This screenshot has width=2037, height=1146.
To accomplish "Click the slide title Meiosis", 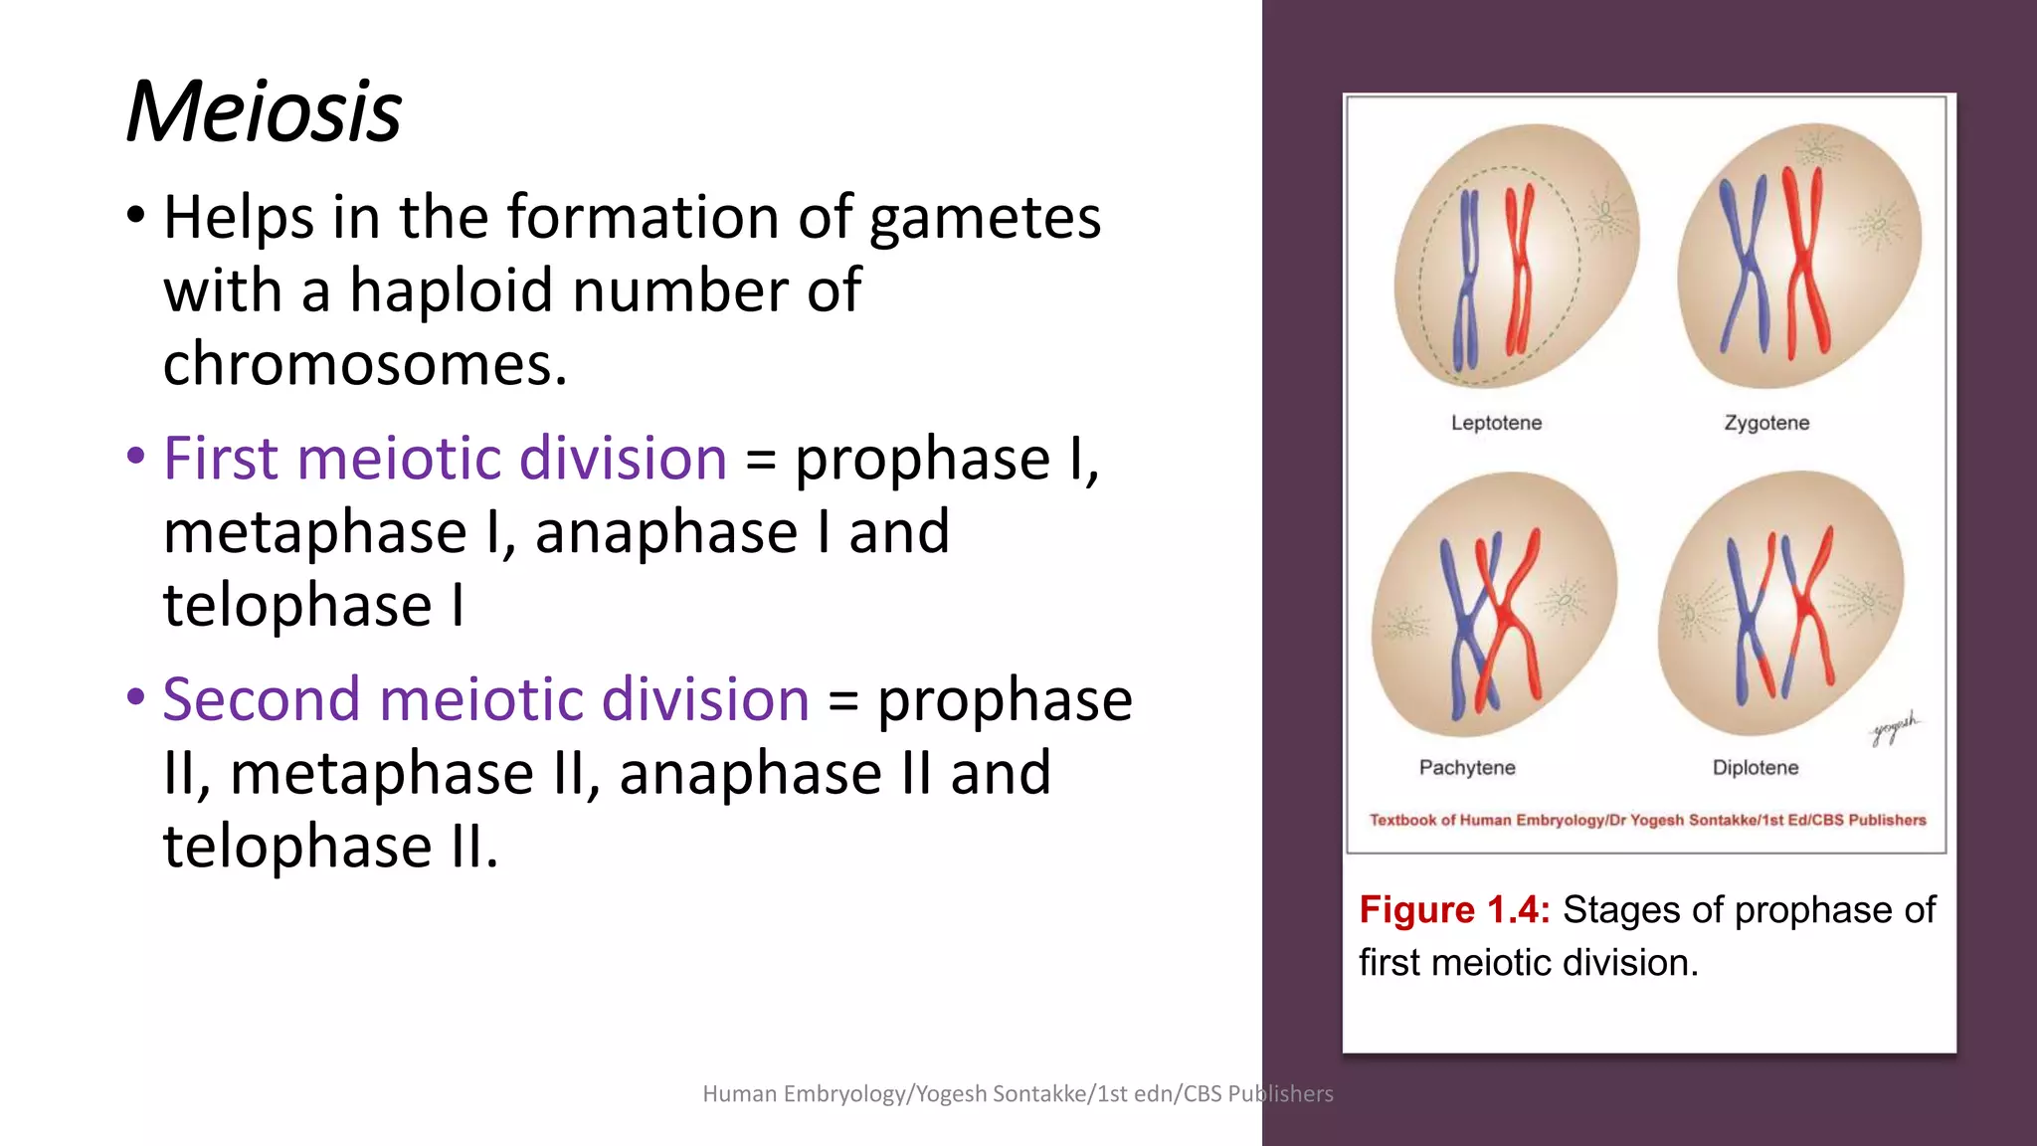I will click(264, 111).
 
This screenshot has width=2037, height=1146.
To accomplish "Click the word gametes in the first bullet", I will click(985, 218).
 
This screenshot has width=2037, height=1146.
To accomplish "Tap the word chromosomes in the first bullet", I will click(364, 365).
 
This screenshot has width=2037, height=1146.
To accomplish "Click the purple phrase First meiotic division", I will click(445, 459).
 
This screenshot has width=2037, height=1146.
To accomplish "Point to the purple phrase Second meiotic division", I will click(485, 699).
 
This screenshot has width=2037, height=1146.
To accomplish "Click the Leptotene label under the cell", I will click(1496, 423).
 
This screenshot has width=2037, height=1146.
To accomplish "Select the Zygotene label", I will click(1766, 423).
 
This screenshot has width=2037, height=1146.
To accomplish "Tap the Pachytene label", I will click(1467, 768).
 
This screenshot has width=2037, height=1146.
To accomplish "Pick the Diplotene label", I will click(1756, 768).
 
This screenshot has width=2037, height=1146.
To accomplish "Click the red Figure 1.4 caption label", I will click(1453, 910).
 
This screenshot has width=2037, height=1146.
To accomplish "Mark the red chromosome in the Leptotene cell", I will click(1520, 269).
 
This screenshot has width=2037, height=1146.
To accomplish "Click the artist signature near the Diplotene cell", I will click(1895, 730).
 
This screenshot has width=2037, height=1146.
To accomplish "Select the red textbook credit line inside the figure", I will click(1647, 821).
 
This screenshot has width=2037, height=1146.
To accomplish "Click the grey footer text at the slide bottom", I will click(1018, 1094).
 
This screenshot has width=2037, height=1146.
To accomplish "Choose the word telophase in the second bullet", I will click(297, 605).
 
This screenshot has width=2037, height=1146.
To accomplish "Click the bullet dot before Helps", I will click(136, 215).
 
